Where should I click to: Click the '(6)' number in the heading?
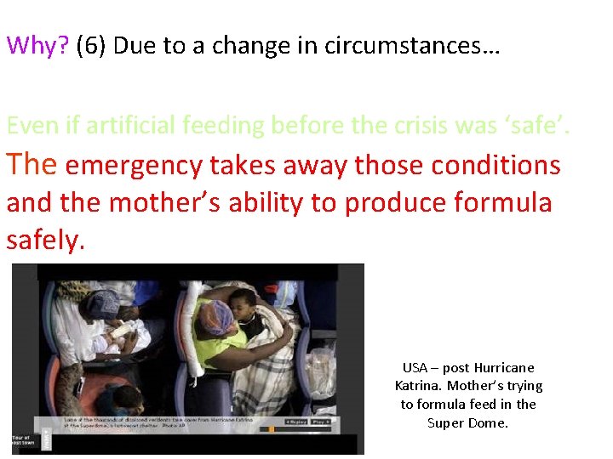(91, 46)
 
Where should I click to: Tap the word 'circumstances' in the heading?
(405, 46)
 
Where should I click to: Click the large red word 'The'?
(32, 163)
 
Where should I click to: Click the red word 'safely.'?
(46, 241)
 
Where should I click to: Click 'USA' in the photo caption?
(415, 368)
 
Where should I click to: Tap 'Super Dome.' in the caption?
(467, 422)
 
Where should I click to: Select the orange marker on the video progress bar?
(271, 429)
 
